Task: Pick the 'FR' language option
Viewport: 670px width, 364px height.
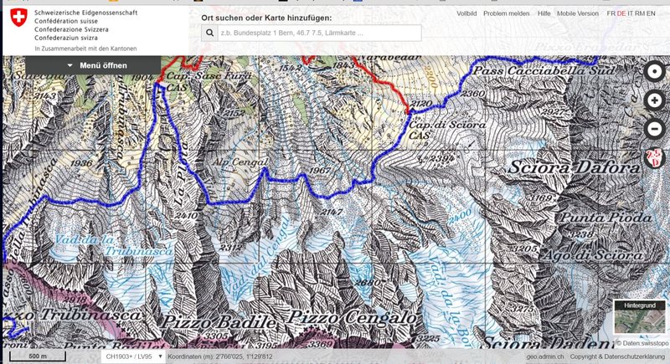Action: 611,13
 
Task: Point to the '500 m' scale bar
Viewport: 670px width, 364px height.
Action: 38,356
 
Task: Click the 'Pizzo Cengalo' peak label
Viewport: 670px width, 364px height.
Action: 352,319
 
